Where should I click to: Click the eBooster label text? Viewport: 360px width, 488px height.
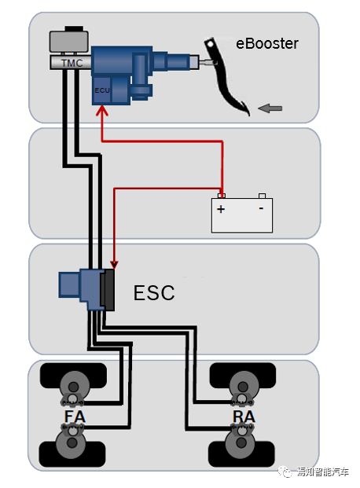click(x=267, y=43)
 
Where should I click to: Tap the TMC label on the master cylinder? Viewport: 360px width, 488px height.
click(x=72, y=63)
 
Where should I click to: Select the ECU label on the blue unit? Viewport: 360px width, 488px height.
click(x=102, y=90)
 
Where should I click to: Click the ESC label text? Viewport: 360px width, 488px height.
click(x=154, y=292)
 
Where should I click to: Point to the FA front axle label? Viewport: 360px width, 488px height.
click(x=75, y=416)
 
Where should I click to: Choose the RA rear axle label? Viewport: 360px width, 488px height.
click(x=244, y=416)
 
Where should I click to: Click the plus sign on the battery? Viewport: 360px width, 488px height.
click(x=221, y=209)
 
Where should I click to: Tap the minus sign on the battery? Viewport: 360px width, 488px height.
click(x=261, y=208)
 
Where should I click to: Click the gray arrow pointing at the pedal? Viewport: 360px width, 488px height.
click(x=270, y=108)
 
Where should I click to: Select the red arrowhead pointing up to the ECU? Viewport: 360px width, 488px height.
click(x=102, y=111)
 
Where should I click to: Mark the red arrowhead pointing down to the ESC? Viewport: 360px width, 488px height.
click(x=114, y=265)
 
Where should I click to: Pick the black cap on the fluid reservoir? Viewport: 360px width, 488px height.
click(x=74, y=28)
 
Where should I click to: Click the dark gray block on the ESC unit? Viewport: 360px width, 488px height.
click(x=108, y=290)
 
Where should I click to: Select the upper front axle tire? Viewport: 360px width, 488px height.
click(x=74, y=376)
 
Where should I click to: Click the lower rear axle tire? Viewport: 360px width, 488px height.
click(x=241, y=453)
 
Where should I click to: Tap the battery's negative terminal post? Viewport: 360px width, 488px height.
click(x=263, y=196)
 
